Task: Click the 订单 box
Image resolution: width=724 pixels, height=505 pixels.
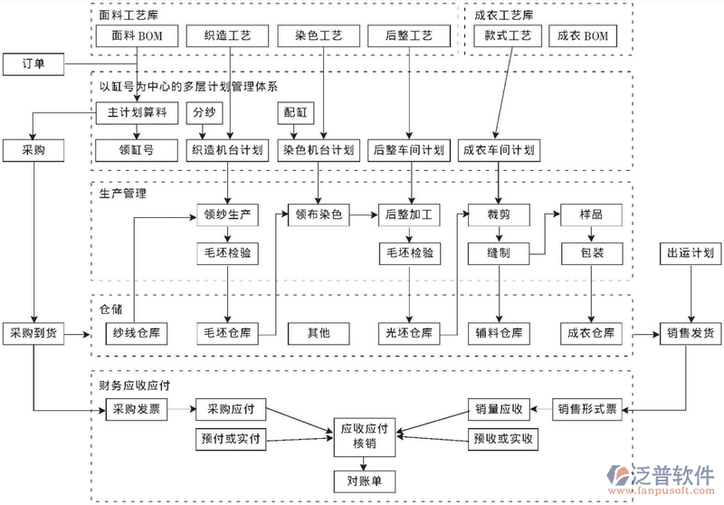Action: click(32, 64)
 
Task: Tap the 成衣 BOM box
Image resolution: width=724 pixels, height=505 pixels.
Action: click(584, 36)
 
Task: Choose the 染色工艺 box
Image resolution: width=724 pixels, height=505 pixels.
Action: click(318, 36)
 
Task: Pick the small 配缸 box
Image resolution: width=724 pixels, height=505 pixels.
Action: click(296, 114)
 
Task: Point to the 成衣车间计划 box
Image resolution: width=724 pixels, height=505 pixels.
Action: click(498, 149)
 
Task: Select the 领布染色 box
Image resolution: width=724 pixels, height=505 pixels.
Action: click(319, 215)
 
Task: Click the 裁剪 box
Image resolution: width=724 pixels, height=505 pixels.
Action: click(499, 215)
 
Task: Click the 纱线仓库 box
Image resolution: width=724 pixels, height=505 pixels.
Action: click(136, 333)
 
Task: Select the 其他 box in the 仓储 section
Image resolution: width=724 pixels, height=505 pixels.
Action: click(319, 333)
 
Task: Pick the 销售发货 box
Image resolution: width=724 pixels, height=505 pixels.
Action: click(690, 333)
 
